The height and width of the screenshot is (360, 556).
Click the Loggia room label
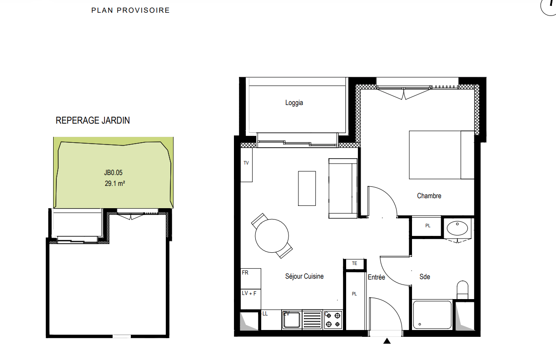coord(294,103)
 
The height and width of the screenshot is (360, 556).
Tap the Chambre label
coord(429,196)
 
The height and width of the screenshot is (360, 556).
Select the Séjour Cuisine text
coord(304,276)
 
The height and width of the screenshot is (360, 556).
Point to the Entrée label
coord(376,277)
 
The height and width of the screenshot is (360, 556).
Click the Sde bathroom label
coord(425,276)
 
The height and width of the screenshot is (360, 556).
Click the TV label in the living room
coord(246,163)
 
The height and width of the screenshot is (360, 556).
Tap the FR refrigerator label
coord(245,273)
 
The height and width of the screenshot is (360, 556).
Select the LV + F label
coord(249,293)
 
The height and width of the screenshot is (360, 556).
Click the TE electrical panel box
coord(355,264)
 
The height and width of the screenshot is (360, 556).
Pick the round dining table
coord(272,236)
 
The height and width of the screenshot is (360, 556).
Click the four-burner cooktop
coord(333,320)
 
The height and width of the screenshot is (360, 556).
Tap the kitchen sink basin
coord(292,320)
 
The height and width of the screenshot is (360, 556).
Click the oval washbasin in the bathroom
coord(457,228)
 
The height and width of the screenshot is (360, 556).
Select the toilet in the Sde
coord(462,290)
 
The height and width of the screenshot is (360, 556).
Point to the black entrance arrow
coord(387,341)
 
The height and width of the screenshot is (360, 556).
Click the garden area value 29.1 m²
coord(114,184)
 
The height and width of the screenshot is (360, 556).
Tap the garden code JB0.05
coord(113,172)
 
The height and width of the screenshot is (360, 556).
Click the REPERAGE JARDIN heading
coord(93,120)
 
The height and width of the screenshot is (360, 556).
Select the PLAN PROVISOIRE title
coord(130,10)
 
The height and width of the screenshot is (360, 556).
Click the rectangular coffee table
coord(307,188)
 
